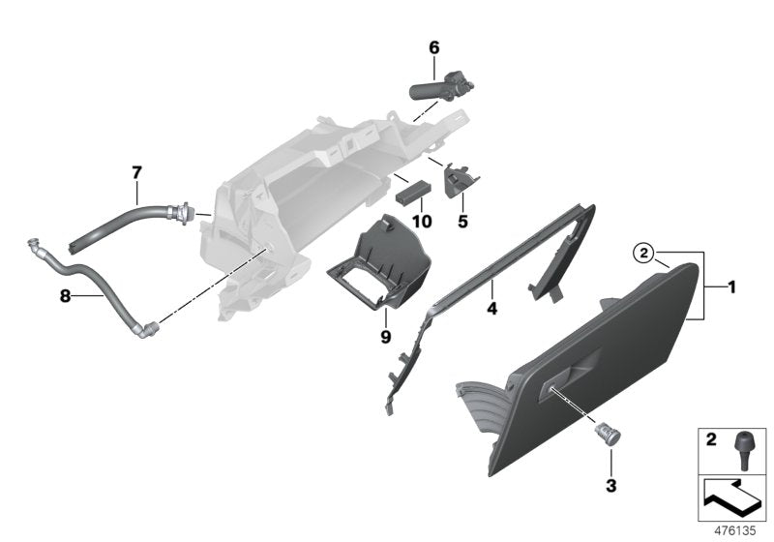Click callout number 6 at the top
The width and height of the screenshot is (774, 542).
433,46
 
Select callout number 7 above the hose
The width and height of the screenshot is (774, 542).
136,172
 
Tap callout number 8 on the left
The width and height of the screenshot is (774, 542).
65,298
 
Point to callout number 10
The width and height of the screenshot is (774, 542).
421,220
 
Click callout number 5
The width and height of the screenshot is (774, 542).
461,222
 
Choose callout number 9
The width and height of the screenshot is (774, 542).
385,337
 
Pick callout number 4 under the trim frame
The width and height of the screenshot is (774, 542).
491,310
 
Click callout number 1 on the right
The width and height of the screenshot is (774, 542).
731,286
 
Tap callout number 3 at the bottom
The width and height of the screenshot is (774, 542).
610,481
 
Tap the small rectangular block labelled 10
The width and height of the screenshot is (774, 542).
410,191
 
